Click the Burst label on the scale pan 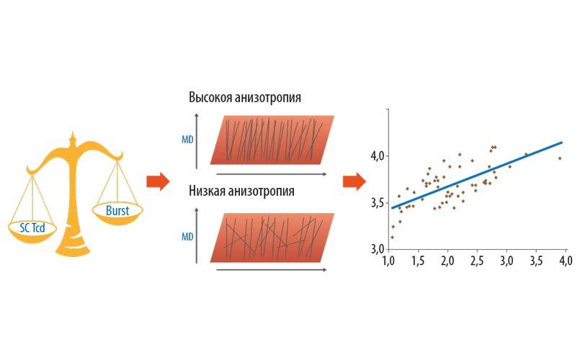coord(117,211)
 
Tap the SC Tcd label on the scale coord(32,228)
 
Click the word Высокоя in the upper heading coord(211,97)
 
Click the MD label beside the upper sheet coord(187,140)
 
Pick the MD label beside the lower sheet coord(187,237)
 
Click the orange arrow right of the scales coord(158,181)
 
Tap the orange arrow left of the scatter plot coord(354,181)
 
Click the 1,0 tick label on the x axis coord(388,261)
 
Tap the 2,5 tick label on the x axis coord(477,261)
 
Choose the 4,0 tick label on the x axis coord(566,261)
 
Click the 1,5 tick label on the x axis coord(418,261)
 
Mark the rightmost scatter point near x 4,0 coord(560,158)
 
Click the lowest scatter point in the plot coord(392,238)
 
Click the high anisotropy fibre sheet coord(272,140)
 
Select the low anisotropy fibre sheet coord(272,238)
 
